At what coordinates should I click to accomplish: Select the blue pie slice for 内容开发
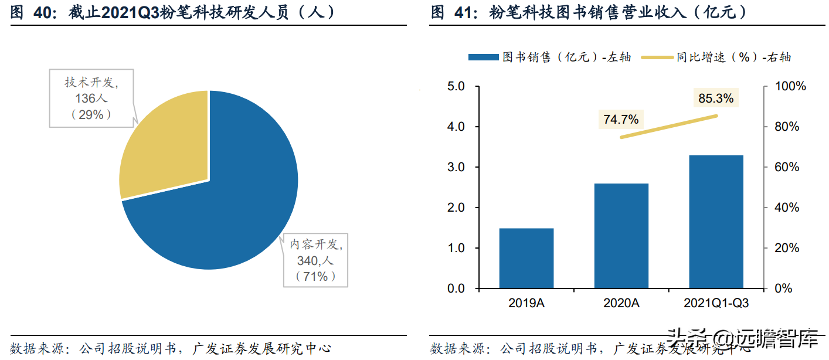pos(235,199)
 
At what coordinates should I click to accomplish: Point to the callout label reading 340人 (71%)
pos(315,260)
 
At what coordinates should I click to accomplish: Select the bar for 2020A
pos(621,236)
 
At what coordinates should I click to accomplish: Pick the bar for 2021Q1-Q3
pos(716,222)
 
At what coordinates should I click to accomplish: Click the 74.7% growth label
pos(621,120)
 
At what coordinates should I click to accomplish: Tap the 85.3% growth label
pos(716,99)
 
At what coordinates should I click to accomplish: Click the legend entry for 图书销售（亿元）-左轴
pos(550,57)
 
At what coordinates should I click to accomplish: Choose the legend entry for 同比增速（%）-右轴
pos(716,57)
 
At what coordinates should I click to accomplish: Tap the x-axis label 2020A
pos(621,303)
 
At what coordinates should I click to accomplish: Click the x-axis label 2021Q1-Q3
pos(716,303)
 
